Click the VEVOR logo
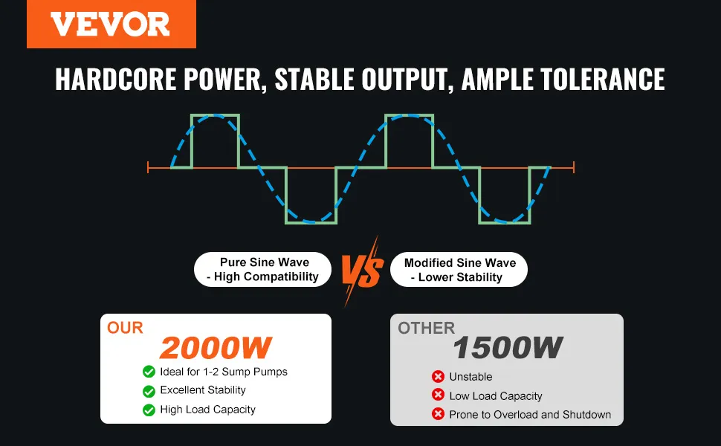pos(111,24)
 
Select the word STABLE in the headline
pos(314,79)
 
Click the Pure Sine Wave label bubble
pos(262,269)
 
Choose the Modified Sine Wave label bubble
pos(459,269)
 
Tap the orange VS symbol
pos(362,271)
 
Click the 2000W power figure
pos(216,348)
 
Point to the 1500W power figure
pos(508,348)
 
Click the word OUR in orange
pos(125,328)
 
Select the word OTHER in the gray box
pos(426,329)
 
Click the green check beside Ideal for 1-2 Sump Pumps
pos(149,372)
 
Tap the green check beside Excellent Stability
pos(149,391)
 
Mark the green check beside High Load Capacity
pos(149,410)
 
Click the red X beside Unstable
pos(439,377)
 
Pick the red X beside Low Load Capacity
pos(439,395)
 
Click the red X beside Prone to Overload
pos(439,414)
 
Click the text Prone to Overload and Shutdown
pos(530,415)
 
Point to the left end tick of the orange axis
pos(148,167)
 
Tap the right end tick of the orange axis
pos(574,167)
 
